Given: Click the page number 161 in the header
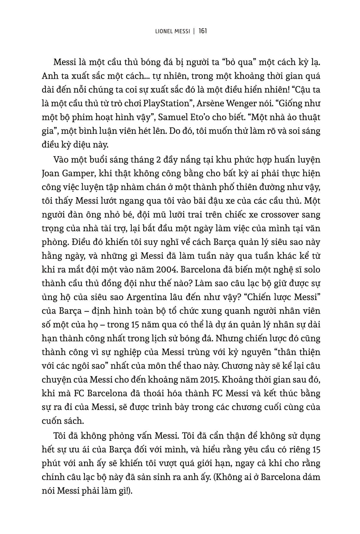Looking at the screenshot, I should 203,31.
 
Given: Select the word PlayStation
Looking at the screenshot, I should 166,104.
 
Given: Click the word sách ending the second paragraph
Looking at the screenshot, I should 74,421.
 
